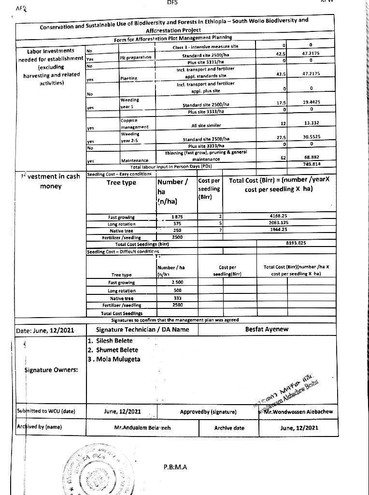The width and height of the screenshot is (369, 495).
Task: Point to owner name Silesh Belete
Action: pyautogui.click(x=110, y=341)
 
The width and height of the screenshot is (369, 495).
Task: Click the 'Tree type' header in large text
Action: pyautogui.click(x=121, y=183)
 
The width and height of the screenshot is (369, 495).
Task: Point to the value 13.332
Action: pyautogui.click(x=312, y=123)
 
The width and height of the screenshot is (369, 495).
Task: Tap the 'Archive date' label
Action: pyautogui.click(x=229, y=428)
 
